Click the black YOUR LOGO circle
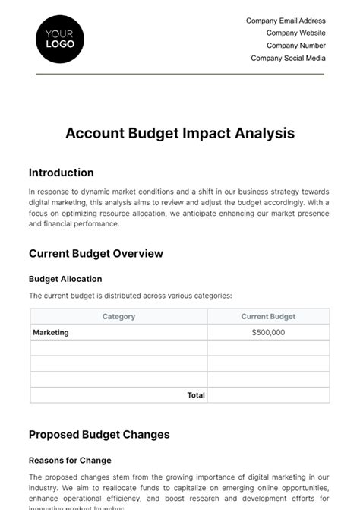pyautogui.click(x=60, y=39)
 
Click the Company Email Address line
pyautogui.click(x=286, y=21)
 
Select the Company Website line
pyautogui.click(x=295, y=33)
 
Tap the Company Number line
pyautogui.click(x=295, y=46)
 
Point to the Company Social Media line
pyautogui.click(x=288, y=58)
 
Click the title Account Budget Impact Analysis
pyautogui.click(x=180, y=133)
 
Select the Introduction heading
pyautogui.click(x=62, y=173)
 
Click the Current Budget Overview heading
pyautogui.click(x=96, y=254)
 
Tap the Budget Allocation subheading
pyautogui.click(x=65, y=279)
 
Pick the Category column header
pyautogui.click(x=118, y=316)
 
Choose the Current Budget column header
pyautogui.click(x=268, y=316)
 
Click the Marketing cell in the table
pyautogui.click(x=51, y=332)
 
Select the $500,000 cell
pyautogui.click(x=268, y=332)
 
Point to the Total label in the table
pyautogui.click(x=196, y=395)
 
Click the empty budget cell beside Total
pyautogui.click(x=268, y=395)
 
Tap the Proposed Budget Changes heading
pyautogui.click(x=99, y=435)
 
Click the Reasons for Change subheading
pyautogui.click(x=70, y=460)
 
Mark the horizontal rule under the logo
pyautogui.click(x=180, y=74)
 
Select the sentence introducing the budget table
pyautogui.click(x=130, y=296)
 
